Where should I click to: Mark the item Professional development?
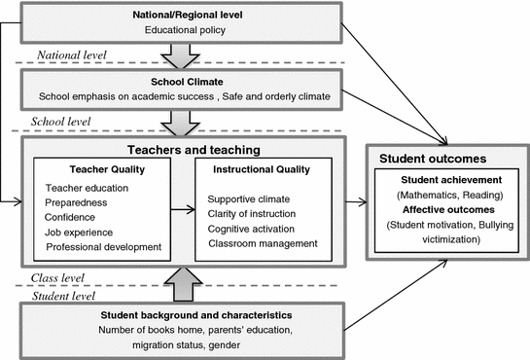click(x=103, y=247)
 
